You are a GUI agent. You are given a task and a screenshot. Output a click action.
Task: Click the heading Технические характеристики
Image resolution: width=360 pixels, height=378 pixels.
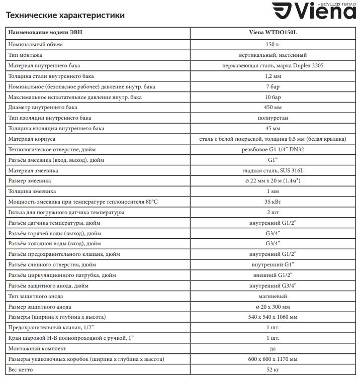65,16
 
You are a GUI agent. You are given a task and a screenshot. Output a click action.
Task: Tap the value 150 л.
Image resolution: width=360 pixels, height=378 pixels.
274,45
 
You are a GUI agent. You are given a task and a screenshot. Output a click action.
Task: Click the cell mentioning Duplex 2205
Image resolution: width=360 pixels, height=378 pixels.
274,66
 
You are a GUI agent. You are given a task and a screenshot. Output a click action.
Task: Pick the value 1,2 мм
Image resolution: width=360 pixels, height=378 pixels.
274,76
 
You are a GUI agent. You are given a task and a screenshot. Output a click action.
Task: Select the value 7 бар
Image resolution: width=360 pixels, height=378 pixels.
274,87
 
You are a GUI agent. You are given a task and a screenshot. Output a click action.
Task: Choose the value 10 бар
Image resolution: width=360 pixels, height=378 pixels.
274,97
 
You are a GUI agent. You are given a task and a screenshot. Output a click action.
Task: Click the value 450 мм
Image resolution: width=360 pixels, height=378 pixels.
274,108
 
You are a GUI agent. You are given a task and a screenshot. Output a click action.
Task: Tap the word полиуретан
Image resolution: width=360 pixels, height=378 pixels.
274,118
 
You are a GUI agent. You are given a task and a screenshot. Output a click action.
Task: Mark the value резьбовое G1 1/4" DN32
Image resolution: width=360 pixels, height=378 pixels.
274,150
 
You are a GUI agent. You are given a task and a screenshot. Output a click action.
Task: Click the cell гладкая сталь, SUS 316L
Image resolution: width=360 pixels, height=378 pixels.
274,171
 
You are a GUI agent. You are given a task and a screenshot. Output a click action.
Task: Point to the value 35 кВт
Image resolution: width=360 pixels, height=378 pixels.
274,202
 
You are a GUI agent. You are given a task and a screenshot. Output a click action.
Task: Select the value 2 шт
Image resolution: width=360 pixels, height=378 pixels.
274,213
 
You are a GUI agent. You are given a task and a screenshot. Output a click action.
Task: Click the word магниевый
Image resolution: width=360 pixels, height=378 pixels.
274,297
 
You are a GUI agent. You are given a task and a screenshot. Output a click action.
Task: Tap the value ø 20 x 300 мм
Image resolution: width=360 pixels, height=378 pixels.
274,307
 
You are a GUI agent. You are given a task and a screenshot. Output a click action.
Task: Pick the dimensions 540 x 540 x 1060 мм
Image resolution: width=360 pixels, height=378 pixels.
274,318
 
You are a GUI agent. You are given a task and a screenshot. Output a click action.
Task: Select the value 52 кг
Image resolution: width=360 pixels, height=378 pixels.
274,370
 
